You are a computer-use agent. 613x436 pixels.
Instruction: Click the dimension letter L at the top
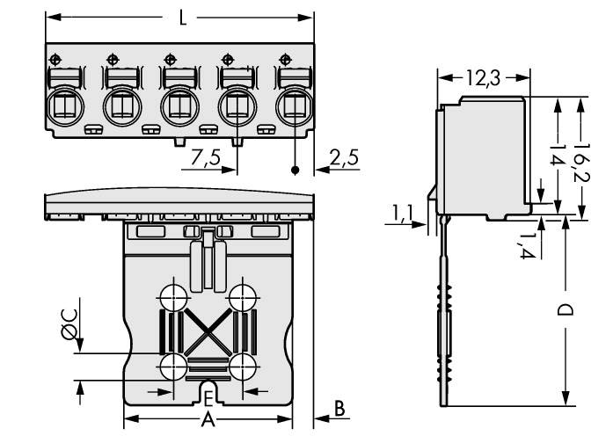[x=182, y=18]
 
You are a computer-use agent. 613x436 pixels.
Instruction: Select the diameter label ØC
[x=69, y=328]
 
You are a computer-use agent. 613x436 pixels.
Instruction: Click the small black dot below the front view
[x=296, y=169]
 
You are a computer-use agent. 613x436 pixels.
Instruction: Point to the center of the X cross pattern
[x=208, y=331]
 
